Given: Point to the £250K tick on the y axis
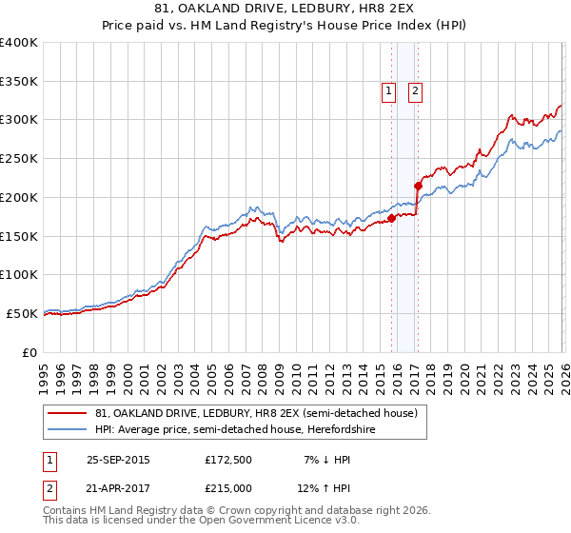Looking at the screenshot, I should [19, 158].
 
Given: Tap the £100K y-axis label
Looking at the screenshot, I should [19, 274].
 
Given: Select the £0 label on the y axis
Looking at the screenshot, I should [30, 351].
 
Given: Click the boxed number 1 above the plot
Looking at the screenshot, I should [389, 91].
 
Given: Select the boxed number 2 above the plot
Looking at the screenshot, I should [417, 91].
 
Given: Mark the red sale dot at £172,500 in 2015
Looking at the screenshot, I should [391, 218].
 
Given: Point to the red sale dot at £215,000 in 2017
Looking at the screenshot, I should [418, 186].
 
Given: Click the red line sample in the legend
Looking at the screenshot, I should [68, 414].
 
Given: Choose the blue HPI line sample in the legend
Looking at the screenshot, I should [68, 430].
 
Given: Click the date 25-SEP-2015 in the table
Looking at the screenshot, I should [118, 460].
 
